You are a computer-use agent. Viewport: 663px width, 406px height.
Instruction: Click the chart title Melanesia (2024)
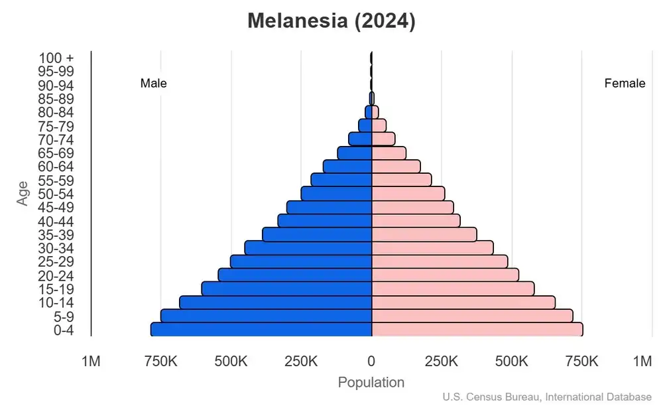[x=331, y=21]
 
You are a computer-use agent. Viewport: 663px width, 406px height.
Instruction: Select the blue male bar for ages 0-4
[x=261, y=329]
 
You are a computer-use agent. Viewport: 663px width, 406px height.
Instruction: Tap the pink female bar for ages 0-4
[x=477, y=329]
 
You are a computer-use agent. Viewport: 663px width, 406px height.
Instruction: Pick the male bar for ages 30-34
[x=308, y=247]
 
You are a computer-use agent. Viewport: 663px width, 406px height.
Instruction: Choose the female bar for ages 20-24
[x=445, y=275]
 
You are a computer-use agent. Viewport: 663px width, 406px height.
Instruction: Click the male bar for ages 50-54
[x=336, y=193]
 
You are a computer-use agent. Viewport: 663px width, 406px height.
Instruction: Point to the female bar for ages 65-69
[x=389, y=153]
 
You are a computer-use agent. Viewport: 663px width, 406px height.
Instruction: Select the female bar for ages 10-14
[x=463, y=302]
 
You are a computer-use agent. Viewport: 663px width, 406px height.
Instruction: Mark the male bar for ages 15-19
[x=286, y=289]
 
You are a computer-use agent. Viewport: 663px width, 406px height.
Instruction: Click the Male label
[x=154, y=84]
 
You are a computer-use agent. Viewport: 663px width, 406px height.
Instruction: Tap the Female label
[x=625, y=84]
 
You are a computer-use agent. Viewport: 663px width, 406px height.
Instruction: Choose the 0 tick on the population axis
[x=371, y=362]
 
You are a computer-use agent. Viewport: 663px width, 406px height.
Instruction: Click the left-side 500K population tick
[x=231, y=362]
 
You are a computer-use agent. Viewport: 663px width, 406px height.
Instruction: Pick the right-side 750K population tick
[x=581, y=362]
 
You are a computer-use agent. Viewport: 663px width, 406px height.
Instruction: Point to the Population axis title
[x=371, y=383]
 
